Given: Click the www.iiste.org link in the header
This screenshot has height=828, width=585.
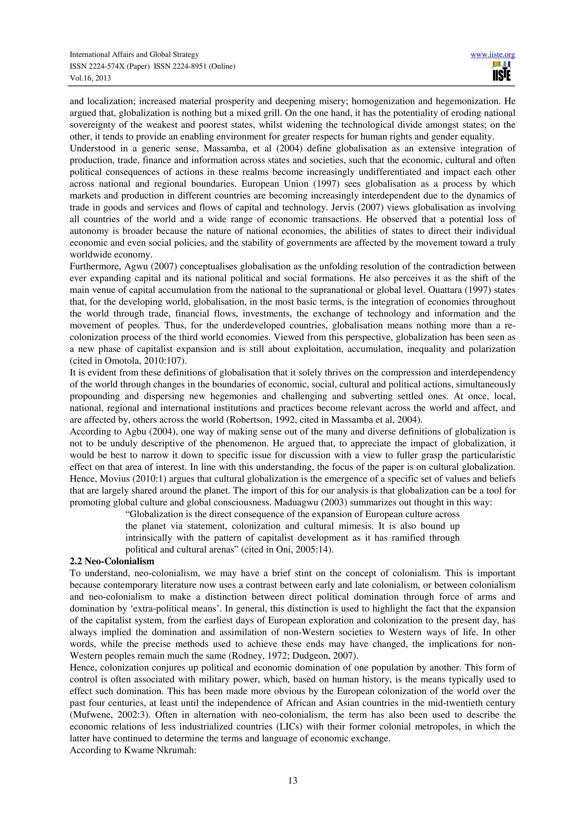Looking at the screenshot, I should pyautogui.click(x=492, y=55).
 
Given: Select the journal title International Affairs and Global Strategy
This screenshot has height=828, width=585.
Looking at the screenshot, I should pyautogui.click(x=134, y=55).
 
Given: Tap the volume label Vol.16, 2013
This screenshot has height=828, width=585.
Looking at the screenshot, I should pyautogui.click(x=90, y=78).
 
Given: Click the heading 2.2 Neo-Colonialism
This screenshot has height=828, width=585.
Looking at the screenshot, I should pyautogui.click(x=112, y=561).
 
